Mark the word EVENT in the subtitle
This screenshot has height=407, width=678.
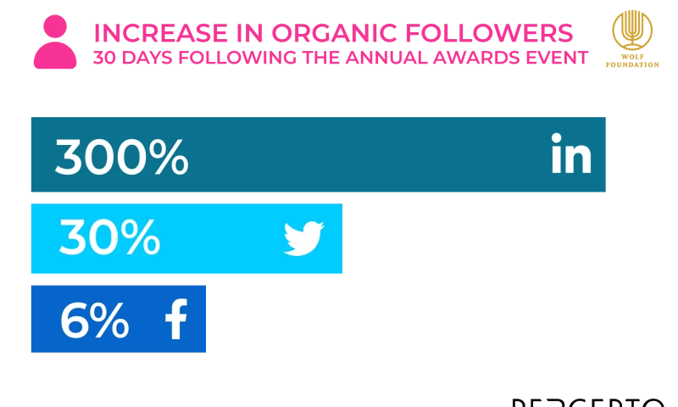[555, 58]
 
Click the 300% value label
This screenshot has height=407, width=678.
[121, 157]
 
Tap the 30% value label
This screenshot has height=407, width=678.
[109, 238]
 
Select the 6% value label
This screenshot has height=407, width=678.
[94, 321]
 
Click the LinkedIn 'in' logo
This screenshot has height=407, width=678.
[570, 155]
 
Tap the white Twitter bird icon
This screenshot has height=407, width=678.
[303, 239]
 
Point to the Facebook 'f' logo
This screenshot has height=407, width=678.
[176, 320]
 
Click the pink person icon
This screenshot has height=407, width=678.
[54, 42]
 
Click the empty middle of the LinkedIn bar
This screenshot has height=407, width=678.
[364, 156]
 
